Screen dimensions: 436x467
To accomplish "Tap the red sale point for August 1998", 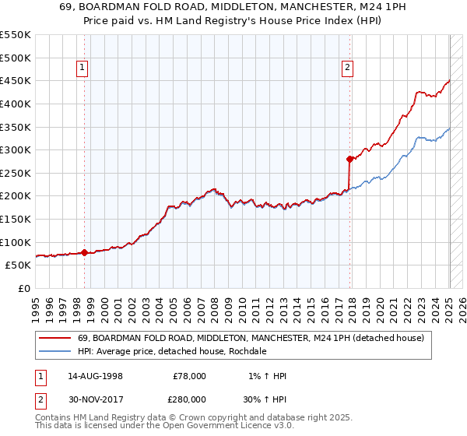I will (84, 251).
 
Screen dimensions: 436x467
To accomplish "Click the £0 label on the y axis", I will (23, 288).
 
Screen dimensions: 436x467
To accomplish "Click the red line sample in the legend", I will (55, 338).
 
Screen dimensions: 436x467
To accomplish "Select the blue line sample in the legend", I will (55, 351).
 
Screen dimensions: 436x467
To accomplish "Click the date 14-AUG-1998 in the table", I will (95, 376).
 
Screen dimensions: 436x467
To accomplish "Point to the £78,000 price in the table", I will (188, 376).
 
